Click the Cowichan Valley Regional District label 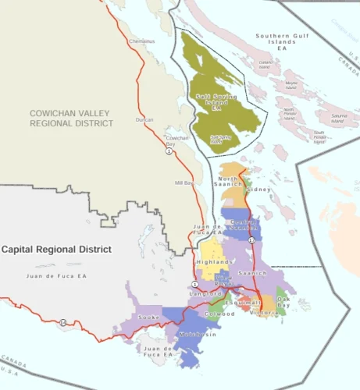pos(71,118)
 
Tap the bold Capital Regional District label pos(55,249)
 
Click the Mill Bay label pos(184,182)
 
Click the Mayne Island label pos(291,83)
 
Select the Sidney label pos(258,190)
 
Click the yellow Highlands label pos(211,262)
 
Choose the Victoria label pos(263,312)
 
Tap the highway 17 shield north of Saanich pos(251,240)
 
